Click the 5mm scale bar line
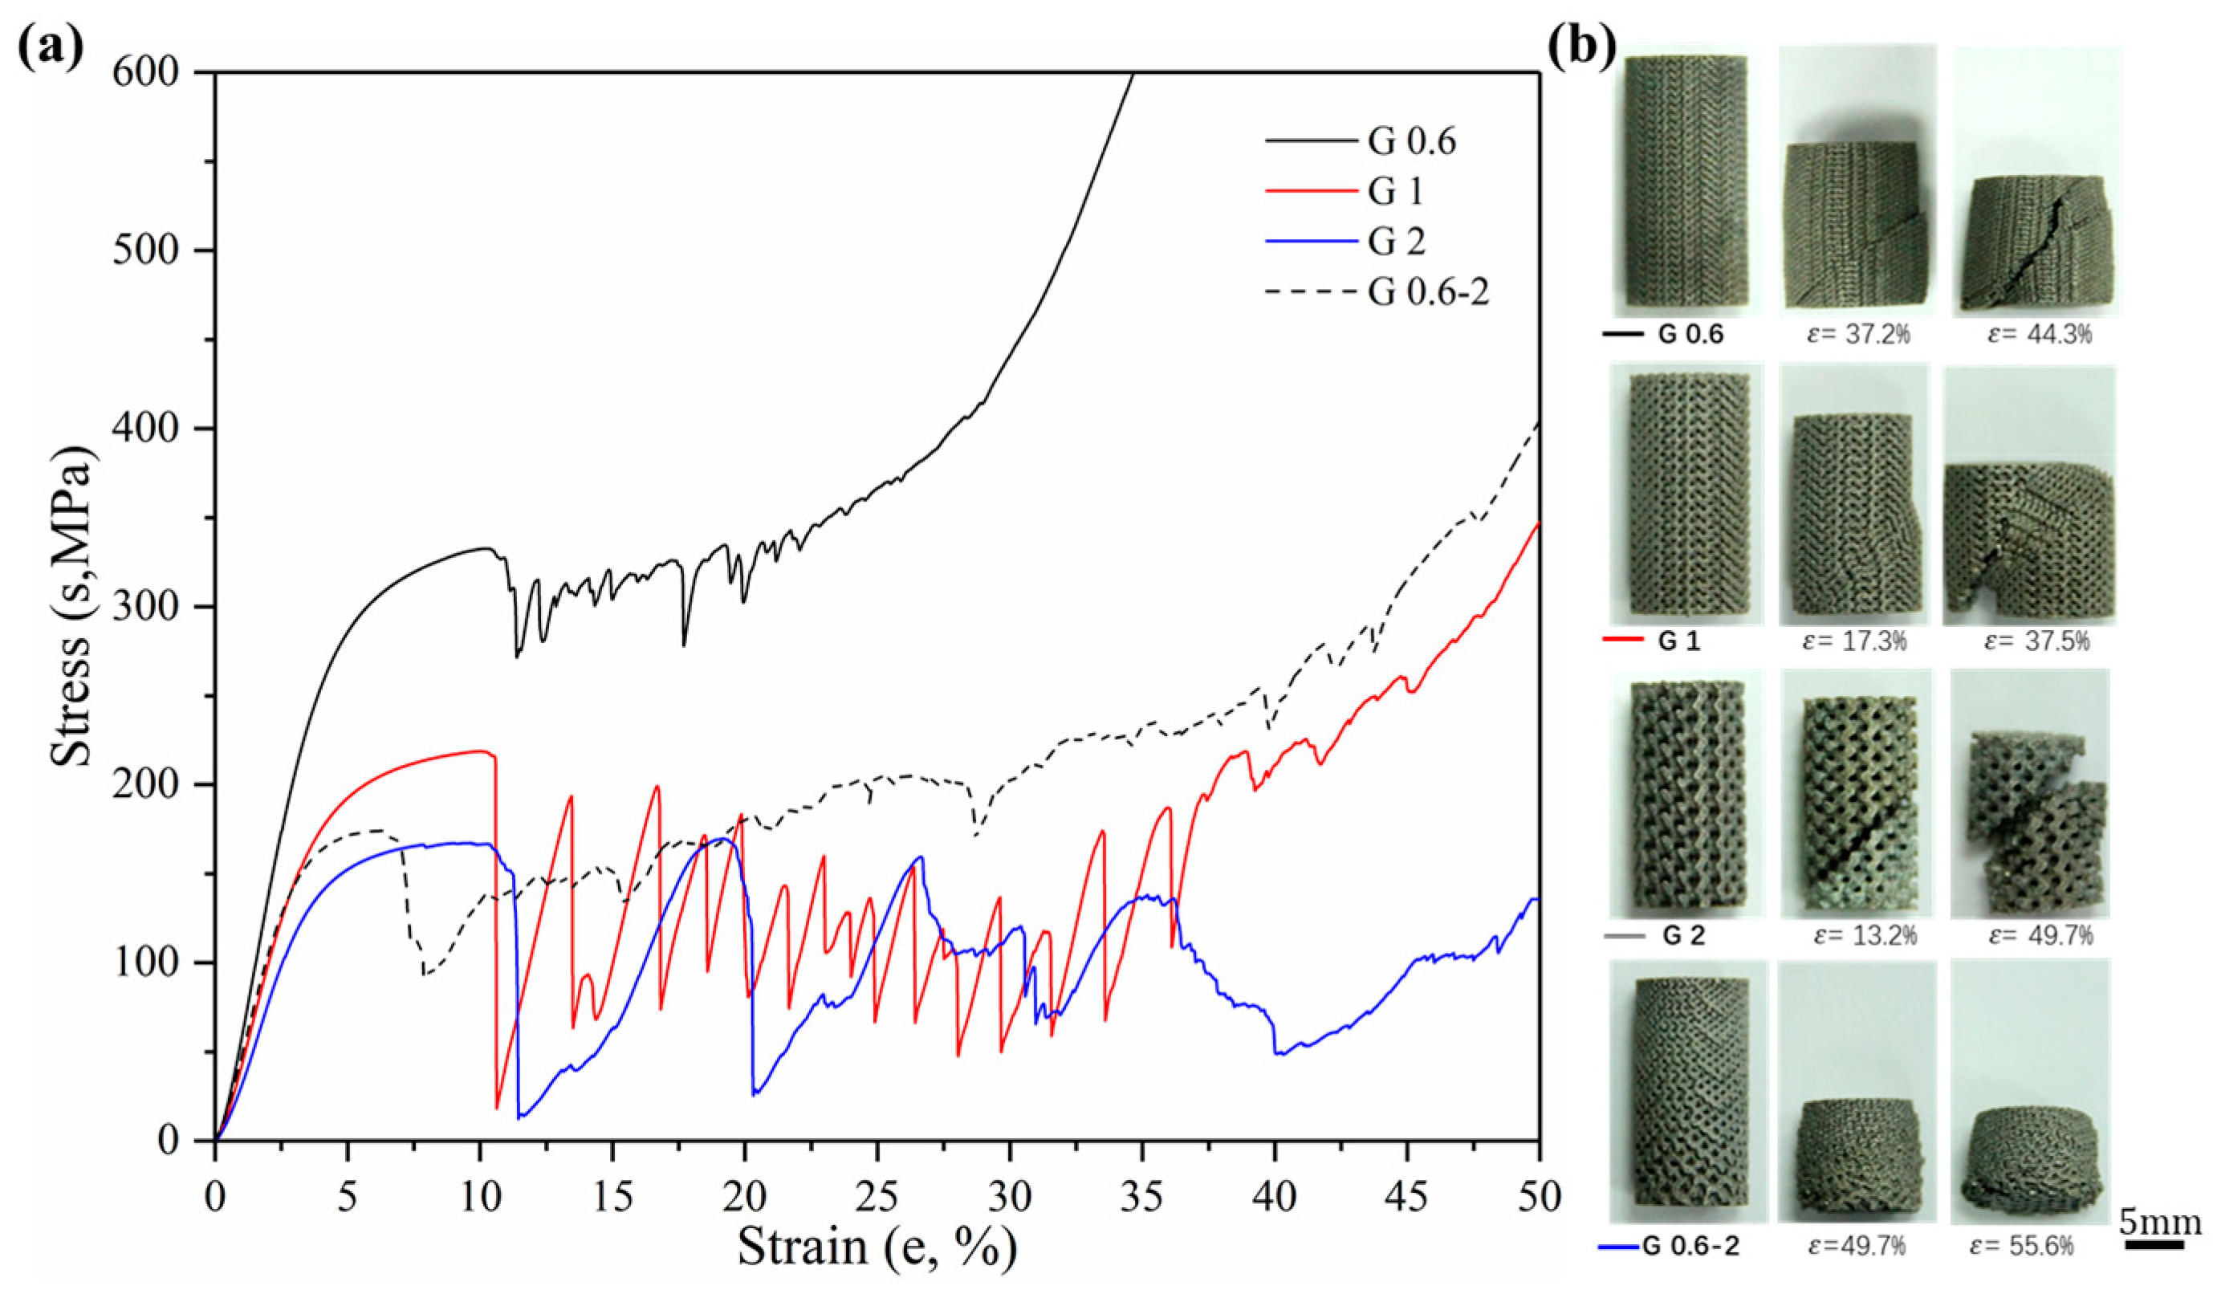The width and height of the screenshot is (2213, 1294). [2154, 1245]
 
